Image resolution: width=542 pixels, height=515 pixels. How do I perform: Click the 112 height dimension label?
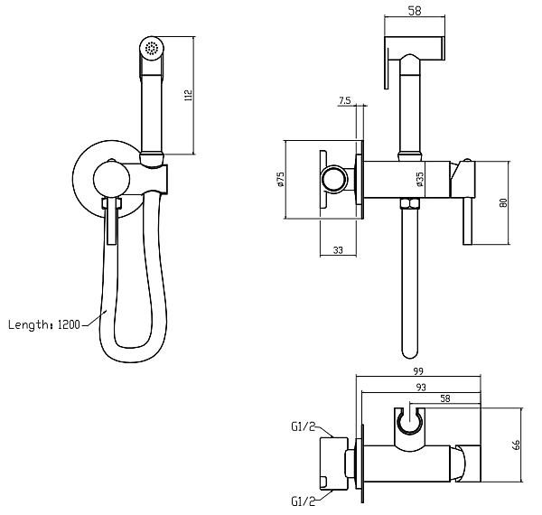(189, 95)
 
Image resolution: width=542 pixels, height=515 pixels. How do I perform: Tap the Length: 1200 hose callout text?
(44, 325)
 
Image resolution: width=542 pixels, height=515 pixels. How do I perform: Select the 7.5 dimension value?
(344, 100)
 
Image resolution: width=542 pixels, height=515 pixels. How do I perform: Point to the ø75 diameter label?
(280, 180)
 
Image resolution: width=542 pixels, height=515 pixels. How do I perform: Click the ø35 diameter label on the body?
(420, 180)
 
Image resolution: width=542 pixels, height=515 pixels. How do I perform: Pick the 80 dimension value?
(504, 203)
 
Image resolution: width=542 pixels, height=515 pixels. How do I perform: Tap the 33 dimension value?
(338, 250)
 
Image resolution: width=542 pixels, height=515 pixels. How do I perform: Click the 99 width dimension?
(418, 371)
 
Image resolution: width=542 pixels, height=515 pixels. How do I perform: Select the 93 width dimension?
(421, 387)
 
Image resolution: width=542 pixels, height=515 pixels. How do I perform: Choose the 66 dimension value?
(516, 445)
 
